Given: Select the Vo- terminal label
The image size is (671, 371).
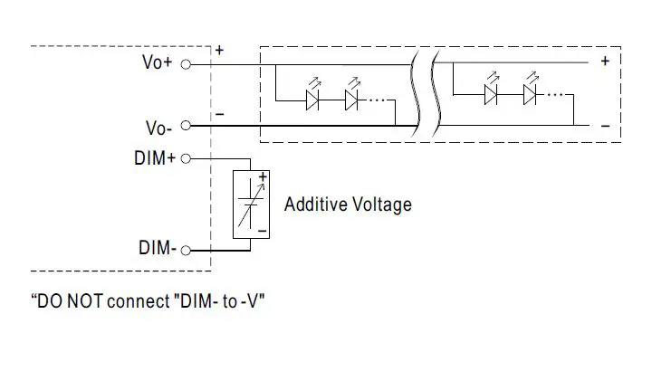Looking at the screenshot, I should point(160,127).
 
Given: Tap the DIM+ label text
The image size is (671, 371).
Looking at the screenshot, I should point(154,158).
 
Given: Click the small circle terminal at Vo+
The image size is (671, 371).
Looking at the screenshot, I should point(187,64).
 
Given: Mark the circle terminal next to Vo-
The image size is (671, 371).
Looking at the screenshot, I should point(187,127).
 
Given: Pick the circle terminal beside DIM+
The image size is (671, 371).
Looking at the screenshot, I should point(187,159).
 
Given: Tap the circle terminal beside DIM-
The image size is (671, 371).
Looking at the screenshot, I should point(187,249).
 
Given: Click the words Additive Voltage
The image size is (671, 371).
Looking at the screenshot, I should point(348,205).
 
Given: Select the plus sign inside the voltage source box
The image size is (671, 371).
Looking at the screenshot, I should point(263,177).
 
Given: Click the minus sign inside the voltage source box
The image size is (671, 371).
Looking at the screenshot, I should point(262,231).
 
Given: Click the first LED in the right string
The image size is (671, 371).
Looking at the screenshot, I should point(492,93).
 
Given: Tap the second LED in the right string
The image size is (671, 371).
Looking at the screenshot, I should point(530,93).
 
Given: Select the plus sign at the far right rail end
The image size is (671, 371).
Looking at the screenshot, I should point(605,62).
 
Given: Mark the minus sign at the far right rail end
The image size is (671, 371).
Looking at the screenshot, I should point(605,126).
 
